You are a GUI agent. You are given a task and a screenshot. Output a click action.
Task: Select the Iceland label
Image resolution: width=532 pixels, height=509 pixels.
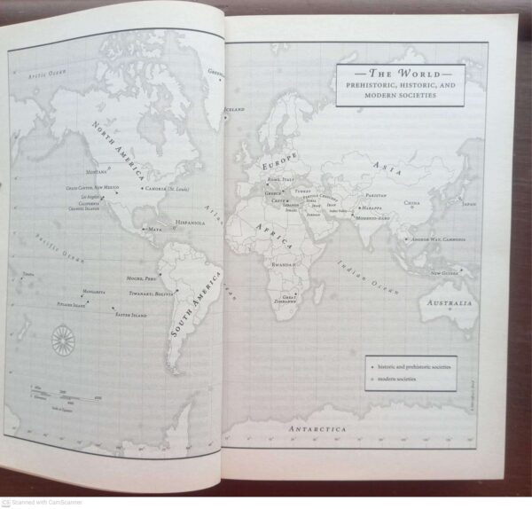click(x=234, y=109)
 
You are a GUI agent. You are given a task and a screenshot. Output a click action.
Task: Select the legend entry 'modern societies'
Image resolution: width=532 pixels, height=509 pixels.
click(x=396, y=380)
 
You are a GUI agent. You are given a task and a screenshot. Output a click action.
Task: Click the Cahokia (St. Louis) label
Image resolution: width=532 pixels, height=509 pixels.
click(x=169, y=188)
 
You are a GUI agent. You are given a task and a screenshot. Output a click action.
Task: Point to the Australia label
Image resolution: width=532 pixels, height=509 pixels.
click(x=450, y=303)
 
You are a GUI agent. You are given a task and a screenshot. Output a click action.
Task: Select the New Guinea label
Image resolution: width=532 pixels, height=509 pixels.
click(x=445, y=273)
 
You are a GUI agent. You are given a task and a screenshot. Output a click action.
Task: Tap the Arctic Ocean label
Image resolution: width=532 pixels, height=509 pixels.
click(x=46, y=74)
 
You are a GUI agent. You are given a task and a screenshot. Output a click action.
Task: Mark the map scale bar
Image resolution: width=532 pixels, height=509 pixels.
click(x=66, y=390)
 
